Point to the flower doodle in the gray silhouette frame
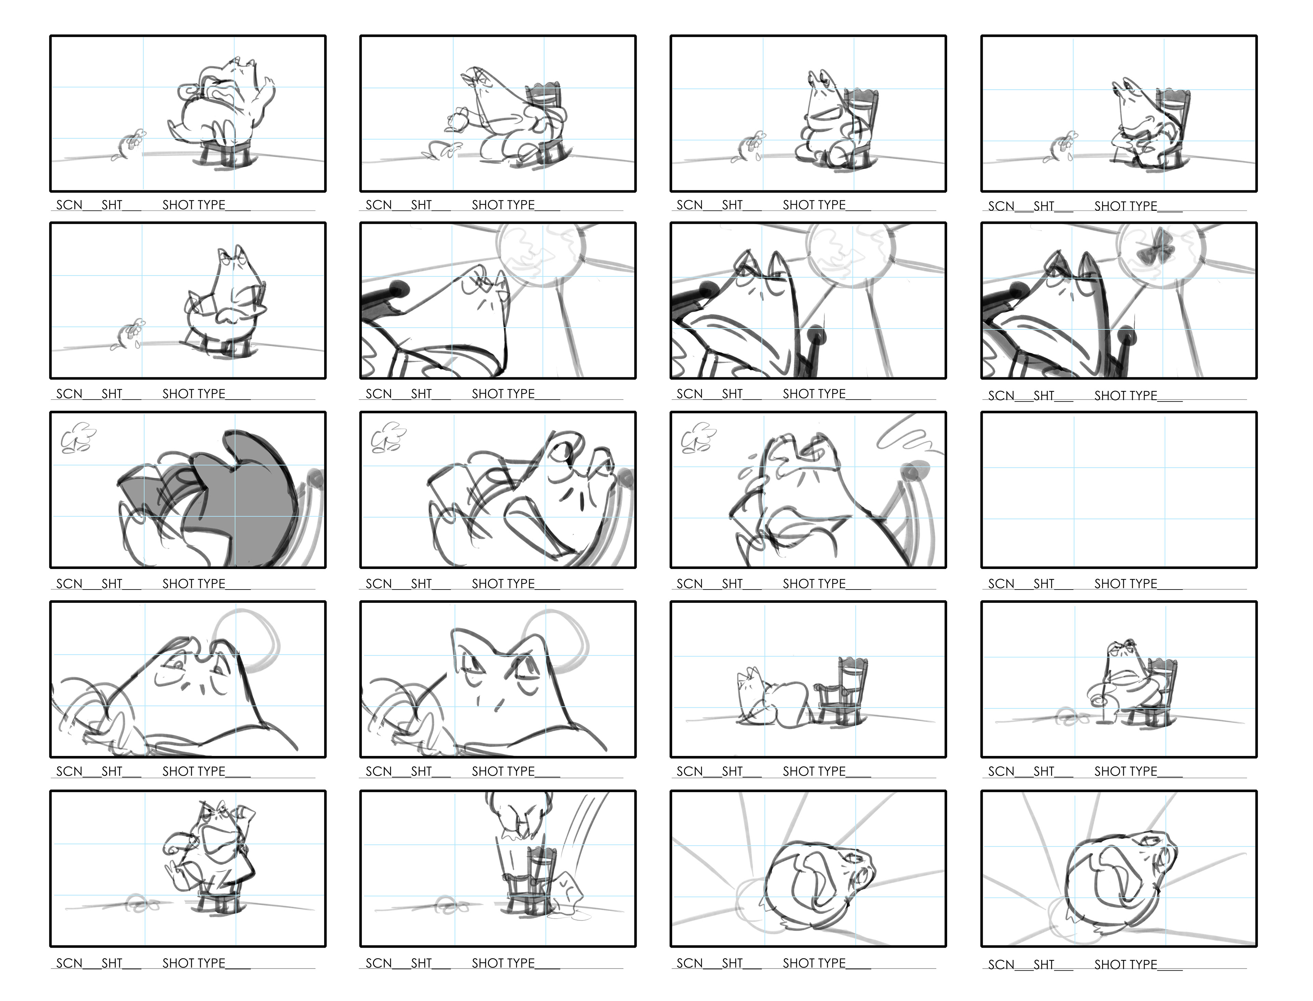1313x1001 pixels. [79, 438]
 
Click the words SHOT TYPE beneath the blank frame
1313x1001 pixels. [1125, 584]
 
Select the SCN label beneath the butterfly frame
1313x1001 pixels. [1001, 396]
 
